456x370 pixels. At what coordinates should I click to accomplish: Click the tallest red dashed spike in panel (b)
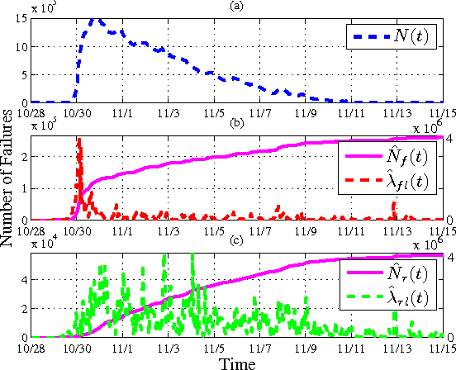tap(79, 140)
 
